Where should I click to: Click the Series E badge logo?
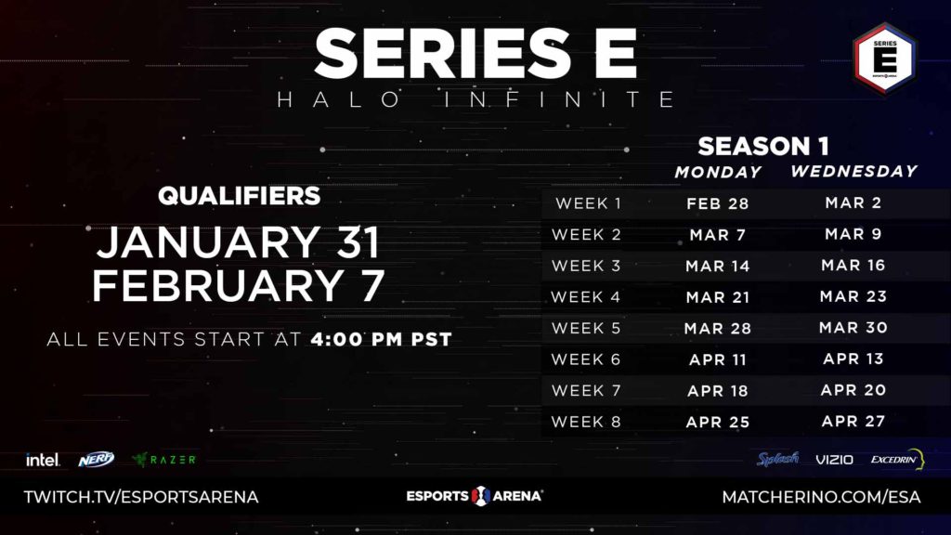[x=885, y=59]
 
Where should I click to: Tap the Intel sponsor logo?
[x=43, y=460]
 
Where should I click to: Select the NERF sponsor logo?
[x=96, y=459]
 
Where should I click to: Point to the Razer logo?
[x=163, y=460]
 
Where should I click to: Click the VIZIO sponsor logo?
[x=834, y=460]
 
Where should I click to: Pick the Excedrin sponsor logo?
[x=897, y=459]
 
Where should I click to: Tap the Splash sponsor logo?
[x=777, y=459]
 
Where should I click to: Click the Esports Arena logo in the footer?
[x=475, y=496]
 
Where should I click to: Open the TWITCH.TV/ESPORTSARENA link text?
[x=141, y=498]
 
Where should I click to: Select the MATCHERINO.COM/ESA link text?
[x=821, y=498]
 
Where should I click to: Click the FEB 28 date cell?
[x=718, y=203]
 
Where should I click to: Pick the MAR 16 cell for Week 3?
[x=853, y=265]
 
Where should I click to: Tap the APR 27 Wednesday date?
[x=853, y=421]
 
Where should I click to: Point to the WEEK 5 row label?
[x=586, y=328]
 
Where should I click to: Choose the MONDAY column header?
[x=718, y=172]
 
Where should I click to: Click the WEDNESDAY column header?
[x=854, y=171]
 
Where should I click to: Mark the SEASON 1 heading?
[x=763, y=146]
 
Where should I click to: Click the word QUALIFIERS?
[x=239, y=195]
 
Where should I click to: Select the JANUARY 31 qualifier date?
[x=239, y=242]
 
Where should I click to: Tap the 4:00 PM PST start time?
[x=382, y=339]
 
